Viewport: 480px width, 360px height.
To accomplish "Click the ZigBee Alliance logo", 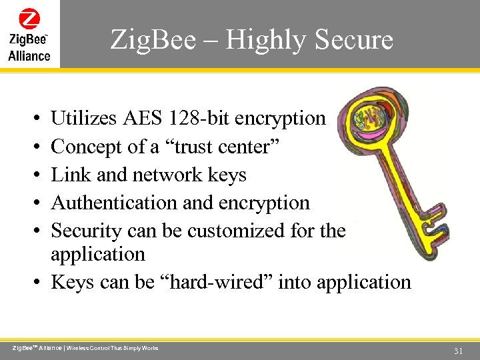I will click(x=29, y=34).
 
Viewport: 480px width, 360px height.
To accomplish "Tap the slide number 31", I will click(x=458, y=351).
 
